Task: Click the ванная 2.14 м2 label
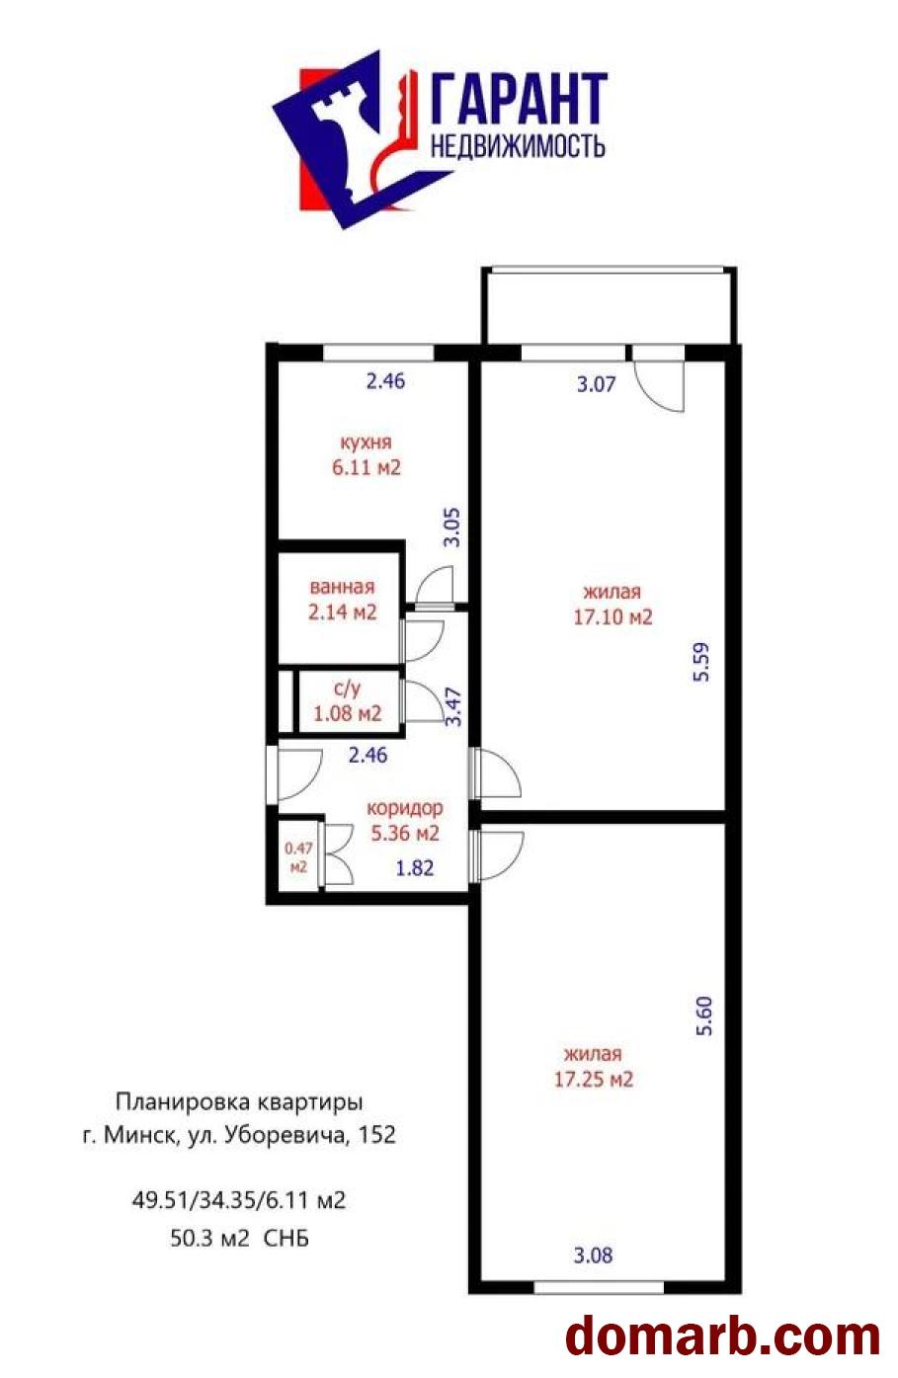[x=342, y=600]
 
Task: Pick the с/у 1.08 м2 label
[x=347, y=700]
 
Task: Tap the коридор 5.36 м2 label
[x=403, y=820]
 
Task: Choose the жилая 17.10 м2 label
[x=612, y=604]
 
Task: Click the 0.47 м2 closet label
[x=297, y=857]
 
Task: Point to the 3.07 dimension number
[x=595, y=384]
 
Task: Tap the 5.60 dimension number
[x=703, y=1015]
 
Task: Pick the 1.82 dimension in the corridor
[x=414, y=868]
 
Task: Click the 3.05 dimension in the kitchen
[x=451, y=527]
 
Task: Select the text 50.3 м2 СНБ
[x=239, y=1237]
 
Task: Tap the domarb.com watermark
[x=722, y=1335]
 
